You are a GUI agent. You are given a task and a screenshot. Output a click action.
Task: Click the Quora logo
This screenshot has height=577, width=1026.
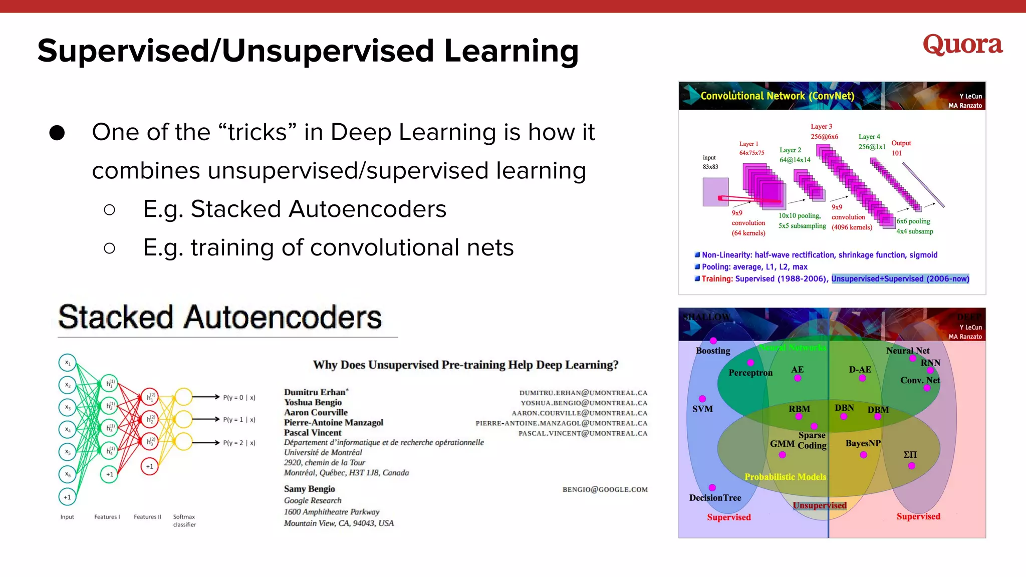pyautogui.click(x=962, y=45)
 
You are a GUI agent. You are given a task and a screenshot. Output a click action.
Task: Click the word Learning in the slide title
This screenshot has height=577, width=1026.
pyautogui.click(x=511, y=52)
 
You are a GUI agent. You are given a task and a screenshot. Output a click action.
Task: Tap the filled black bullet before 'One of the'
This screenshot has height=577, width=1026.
pyautogui.click(x=57, y=133)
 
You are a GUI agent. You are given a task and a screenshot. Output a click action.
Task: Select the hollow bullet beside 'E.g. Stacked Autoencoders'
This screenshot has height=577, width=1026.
pyautogui.click(x=109, y=209)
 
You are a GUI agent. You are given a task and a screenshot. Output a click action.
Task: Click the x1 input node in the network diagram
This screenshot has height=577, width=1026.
pyautogui.click(x=68, y=363)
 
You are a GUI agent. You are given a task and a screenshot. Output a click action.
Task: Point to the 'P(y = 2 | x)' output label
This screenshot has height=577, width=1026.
pyautogui.click(x=239, y=443)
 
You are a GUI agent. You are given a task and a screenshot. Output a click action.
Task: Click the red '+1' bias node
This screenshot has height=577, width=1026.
pyautogui.click(x=149, y=466)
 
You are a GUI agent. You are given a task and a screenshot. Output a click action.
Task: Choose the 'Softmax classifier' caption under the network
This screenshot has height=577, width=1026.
pyautogui.click(x=184, y=520)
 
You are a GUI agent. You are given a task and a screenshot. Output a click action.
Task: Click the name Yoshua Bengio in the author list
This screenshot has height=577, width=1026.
pyautogui.click(x=313, y=402)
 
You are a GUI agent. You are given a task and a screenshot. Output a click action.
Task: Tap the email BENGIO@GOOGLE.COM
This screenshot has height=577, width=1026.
pyautogui.click(x=605, y=489)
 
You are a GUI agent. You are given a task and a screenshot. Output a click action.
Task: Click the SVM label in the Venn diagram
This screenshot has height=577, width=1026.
pyautogui.click(x=702, y=409)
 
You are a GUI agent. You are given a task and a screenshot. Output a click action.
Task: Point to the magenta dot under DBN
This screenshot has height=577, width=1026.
pyautogui.click(x=844, y=417)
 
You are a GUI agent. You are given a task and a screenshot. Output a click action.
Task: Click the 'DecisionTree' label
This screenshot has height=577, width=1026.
pyautogui.click(x=715, y=498)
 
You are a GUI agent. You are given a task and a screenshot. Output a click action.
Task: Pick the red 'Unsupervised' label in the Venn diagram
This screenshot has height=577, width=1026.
pyautogui.click(x=820, y=505)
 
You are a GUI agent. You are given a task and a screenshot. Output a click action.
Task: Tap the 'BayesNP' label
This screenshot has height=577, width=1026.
pyautogui.click(x=863, y=443)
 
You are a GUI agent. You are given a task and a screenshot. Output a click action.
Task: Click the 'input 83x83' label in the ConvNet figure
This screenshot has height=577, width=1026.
pyautogui.click(x=710, y=162)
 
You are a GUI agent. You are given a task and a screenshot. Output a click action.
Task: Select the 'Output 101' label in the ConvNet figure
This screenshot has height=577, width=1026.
pyautogui.click(x=900, y=148)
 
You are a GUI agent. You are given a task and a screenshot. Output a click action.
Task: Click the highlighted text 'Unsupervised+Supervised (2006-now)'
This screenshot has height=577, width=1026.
pyautogui.click(x=900, y=279)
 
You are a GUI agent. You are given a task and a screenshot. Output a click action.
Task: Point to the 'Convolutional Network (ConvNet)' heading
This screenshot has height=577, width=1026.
pyautogui.click(x=777, y=96)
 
